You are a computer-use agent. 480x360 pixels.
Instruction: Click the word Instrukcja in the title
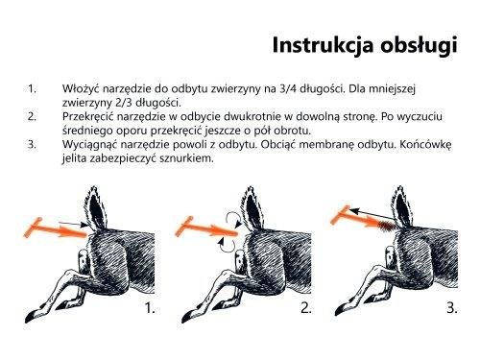point(322,44)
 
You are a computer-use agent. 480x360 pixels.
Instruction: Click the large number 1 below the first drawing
point(149,309)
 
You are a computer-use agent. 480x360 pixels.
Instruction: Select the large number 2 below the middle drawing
point(304,309)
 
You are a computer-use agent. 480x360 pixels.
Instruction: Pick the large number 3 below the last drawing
point(452,309)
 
